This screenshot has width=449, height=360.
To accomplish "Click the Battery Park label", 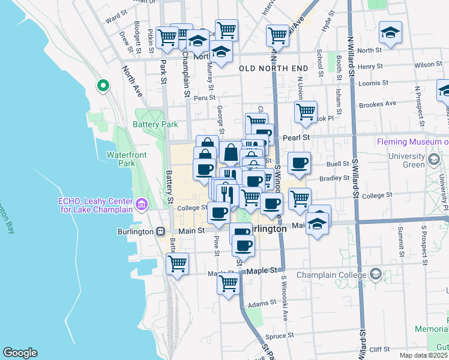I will [x=155, y=125].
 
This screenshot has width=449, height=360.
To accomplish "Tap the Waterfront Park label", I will [x=127, y=159].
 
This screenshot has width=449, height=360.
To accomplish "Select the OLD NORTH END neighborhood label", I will [x=273, y=69].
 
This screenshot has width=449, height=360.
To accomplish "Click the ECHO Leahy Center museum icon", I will [x=142, y=205].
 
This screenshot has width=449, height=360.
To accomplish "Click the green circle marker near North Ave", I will [x=103, y=86].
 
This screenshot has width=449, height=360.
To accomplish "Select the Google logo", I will [x=20, y=353].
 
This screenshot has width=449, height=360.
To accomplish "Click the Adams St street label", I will [x=261, y=304].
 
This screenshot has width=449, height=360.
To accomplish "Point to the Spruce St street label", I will [x=280, y=335].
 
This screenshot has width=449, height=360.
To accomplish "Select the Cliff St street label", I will [x=380, y=349].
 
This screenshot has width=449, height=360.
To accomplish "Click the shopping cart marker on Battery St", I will [x=178, y=264].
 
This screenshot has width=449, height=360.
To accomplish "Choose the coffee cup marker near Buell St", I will [x=299, y=163].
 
